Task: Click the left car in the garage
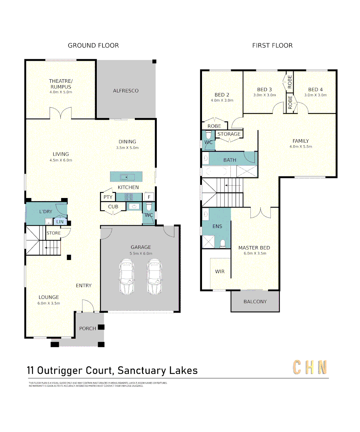(x=126, y=277)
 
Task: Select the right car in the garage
(x=154, y=277)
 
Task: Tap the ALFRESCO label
(x=126, y=91)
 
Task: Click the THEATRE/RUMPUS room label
(x=61, y=84)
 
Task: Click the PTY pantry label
(x=108, y=197)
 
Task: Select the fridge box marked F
(x=149, y=197)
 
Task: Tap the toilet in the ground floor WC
(x=149, y=207)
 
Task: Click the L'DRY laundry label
(x=46, y=211)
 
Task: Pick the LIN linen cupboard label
(x=60, y=222)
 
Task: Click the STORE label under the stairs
(x=54, y=233)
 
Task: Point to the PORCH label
(x=87, y=328)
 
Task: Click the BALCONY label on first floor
(x=255, y=302)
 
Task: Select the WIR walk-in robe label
(x=220, y=272)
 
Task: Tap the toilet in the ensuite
(x=223, y=244)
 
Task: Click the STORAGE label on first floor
(x=229, y=134)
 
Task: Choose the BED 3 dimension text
(x=264, y=95)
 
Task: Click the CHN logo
(x=310, y=367)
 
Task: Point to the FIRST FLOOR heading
(x=272, y=46)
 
